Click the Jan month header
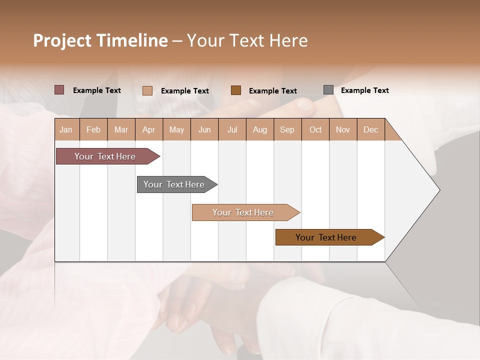tap(66, 129)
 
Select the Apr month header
tap(149, 129)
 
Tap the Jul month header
tap(232, 129)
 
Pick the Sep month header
tap(287, 129)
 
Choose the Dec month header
tap(370, 129)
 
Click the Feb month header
tap(93, 129)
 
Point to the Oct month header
tap(315, 129)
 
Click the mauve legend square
tap(59, 90)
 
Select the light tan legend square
tap(147, 90)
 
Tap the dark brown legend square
tap(236, 90)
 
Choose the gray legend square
tap(328, 90)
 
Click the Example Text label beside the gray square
tap(364, 90)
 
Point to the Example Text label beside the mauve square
tap(97, 90)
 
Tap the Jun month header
tap(204, 129)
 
